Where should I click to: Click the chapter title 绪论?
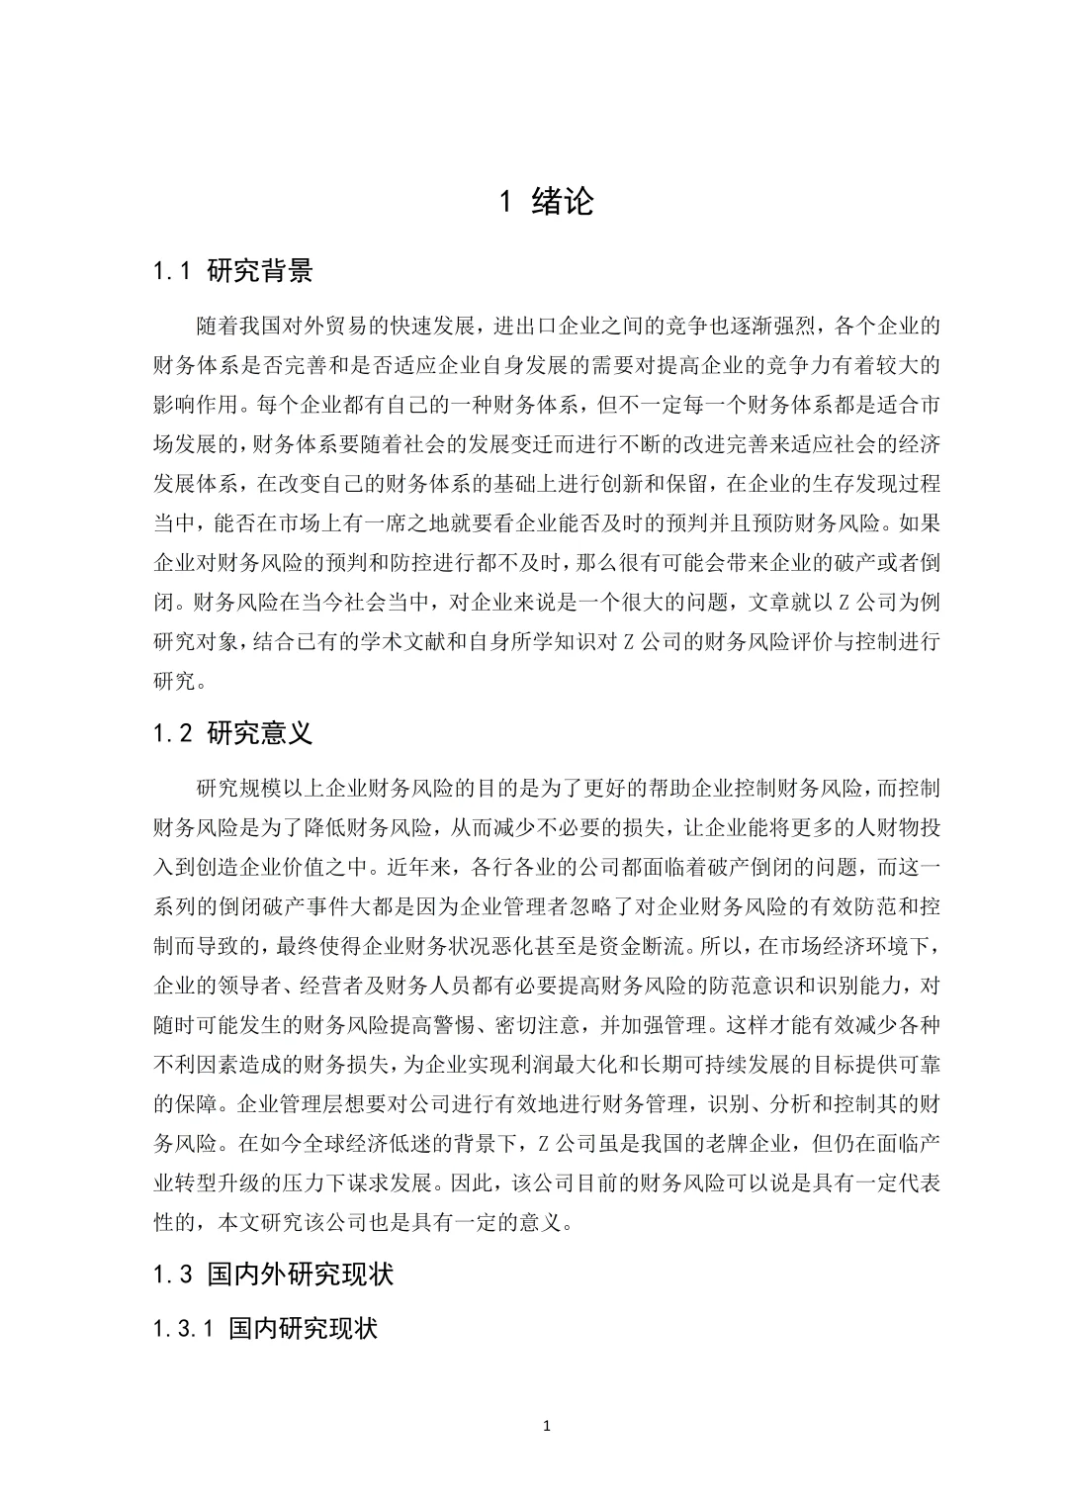(562, 202)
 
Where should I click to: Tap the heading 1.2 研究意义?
(233, 733)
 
